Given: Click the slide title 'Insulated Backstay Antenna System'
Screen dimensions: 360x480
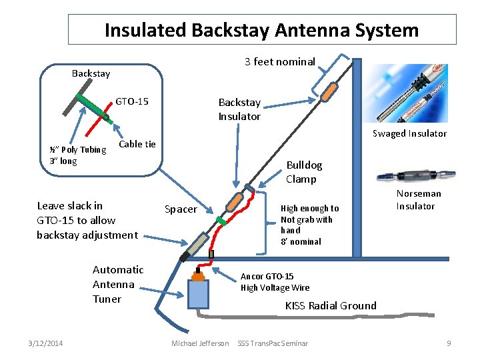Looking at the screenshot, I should click(x=261, y=30).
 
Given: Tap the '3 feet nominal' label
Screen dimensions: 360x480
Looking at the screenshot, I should click(x=279, y=62).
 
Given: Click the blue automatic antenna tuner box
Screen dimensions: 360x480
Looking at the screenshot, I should click(x=198, y=294).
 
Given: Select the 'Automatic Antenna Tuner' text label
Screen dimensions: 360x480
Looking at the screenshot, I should click(x=118, y=284).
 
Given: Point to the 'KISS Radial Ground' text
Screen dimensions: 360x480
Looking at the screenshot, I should click(x=331, y=306).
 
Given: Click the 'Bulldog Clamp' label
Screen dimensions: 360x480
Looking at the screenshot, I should click(x=304, y=172).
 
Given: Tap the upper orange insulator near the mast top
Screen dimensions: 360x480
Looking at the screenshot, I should click(x=328, y=92).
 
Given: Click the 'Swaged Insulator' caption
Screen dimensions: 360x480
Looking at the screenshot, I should click(x=409, y=133).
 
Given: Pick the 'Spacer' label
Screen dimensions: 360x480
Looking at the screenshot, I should click(x=181, y=209).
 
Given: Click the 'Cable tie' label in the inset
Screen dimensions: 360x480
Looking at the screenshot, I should click(x=137, y=145).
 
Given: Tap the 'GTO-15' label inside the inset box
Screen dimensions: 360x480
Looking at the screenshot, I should click(x=132, y=102).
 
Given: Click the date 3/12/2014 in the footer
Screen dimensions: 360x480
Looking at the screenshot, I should click(x=47, y=343).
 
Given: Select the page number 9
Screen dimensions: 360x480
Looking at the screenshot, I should click(x=449, y=343).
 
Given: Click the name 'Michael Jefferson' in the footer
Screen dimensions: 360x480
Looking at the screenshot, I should click(x=199, y=343).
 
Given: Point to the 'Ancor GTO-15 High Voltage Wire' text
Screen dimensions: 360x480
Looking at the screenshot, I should click(x=275, y=282).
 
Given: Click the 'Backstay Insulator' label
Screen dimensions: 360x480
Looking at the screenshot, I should click(x=239, y=109).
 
